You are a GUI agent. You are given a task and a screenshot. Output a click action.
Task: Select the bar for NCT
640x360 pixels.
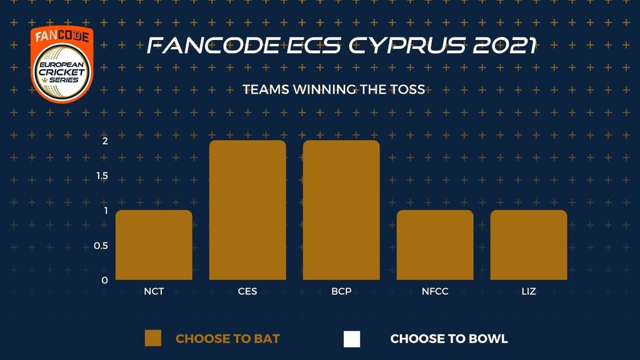pos(154,245)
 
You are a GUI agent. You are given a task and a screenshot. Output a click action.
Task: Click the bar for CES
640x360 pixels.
pos(247,210)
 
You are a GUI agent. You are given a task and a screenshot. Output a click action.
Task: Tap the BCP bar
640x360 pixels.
pos(341,210)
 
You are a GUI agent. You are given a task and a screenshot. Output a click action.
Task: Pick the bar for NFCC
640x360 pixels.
pos(435,245)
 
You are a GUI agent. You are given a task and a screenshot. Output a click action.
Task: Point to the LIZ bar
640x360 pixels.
pos(529,245)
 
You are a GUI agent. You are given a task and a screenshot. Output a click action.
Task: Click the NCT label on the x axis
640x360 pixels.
pos(154,291)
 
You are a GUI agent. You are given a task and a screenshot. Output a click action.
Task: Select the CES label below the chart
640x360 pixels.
pos(247,291)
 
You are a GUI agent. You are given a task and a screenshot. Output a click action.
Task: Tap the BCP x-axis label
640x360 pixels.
pos(341,291)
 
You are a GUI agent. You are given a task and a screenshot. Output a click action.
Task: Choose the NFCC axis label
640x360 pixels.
pos(435,291)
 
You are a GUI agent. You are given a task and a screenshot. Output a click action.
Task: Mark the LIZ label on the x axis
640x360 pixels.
pos(529,291)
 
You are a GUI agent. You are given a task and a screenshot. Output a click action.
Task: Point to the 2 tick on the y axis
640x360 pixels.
pos(105,141)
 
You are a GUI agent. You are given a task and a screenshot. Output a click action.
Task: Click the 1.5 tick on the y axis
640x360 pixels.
pos(102,176)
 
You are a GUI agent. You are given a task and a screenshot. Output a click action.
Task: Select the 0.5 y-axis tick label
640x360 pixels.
pos(101,246)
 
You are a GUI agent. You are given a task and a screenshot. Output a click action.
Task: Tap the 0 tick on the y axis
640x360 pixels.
pos(105,281)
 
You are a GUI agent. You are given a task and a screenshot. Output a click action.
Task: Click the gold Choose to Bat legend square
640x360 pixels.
pos(153,338)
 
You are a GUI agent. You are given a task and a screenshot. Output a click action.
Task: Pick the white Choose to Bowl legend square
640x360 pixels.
pos(352,339)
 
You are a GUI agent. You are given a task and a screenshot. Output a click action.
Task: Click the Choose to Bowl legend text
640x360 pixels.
pos(449,339)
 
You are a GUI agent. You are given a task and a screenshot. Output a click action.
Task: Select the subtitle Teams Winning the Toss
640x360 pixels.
pos(334,89)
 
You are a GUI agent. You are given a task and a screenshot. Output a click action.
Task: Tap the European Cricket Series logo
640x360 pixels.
pos(62,64)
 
